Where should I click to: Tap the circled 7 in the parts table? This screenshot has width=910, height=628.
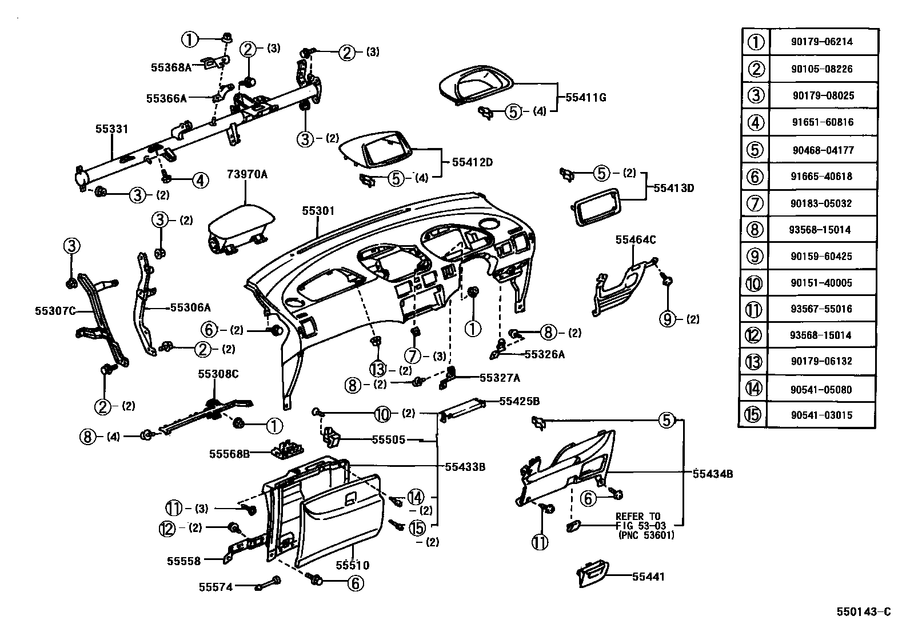(755, 203)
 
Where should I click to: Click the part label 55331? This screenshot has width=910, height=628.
(111, 130)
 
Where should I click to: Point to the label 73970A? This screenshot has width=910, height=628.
(247, 174)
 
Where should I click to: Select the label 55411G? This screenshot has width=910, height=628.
(585, 98)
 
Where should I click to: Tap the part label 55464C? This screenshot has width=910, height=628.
(635, 240)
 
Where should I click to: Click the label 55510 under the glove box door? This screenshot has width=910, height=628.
(352, 565)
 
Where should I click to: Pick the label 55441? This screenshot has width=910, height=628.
(648, 577)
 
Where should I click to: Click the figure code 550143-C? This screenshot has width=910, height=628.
(863, 612)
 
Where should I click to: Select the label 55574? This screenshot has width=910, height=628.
(215, 586)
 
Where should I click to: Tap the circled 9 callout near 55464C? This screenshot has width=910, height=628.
(668, 319)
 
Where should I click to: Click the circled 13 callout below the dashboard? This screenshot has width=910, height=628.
(378, 370)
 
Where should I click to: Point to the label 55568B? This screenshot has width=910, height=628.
(229, 454)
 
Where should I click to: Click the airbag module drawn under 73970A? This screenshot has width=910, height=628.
(240, 229)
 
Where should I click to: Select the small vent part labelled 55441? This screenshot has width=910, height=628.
(592, 573)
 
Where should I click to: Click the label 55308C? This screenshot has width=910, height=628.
(218, 374)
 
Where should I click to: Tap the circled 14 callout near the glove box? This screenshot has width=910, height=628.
(416, 498)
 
